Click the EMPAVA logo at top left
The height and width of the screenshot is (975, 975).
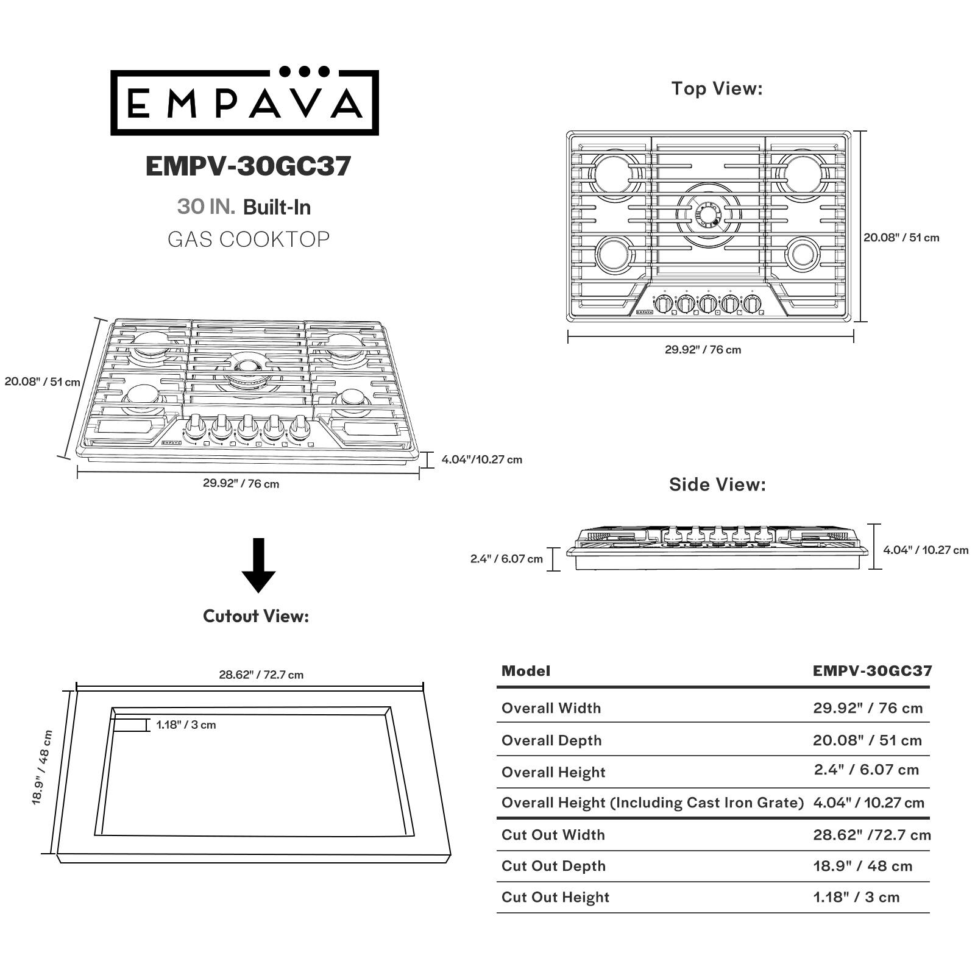[x=244, y=102]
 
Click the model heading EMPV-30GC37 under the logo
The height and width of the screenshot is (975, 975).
[x=248, y=166]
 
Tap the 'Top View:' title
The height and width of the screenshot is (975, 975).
[x=717, y=88]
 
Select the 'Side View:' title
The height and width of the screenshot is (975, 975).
[x=717, y=484]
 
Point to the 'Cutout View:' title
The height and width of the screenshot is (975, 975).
[x=256, y=616]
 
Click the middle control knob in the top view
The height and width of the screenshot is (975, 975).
[x=707, y=303]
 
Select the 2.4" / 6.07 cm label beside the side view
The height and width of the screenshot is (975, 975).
[x=506, y=559]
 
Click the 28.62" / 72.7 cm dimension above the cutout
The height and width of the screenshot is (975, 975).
[x=261, y=675]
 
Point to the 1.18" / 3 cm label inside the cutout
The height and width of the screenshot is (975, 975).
[x=186, y=725]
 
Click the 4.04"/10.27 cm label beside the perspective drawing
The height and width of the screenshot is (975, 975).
[x=481, y=459]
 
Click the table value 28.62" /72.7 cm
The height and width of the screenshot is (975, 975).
[x=871, y=835]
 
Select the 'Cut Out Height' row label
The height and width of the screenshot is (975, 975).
[x=555, y=897]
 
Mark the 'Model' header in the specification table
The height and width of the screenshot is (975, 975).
[x=525, y=671]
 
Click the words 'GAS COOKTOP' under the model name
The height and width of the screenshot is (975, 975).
[x=249, y=239]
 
